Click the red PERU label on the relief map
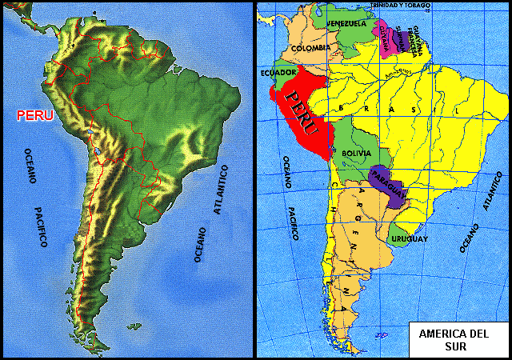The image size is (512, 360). [x=35, y=115]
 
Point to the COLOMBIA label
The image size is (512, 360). [x=310, y=47]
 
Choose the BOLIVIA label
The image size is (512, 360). [x=354, y=152]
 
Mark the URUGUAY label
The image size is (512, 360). [x=410, y=238]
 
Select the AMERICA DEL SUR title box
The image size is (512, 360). [x=453, y=339]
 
